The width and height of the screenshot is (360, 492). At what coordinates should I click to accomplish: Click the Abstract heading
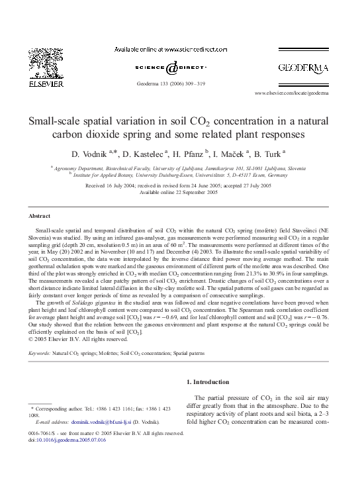(39, 217)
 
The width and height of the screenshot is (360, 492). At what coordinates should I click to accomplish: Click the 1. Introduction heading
(210, 381)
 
